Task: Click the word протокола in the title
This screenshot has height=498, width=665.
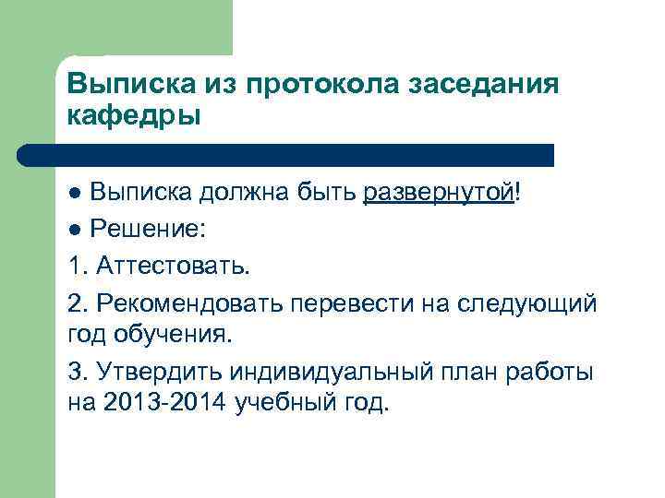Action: pos(313,85)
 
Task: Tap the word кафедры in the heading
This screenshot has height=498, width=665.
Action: pos(133,117)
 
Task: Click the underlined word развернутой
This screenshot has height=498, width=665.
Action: pos(439,193)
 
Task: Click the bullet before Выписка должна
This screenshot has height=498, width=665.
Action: pos(75,193)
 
